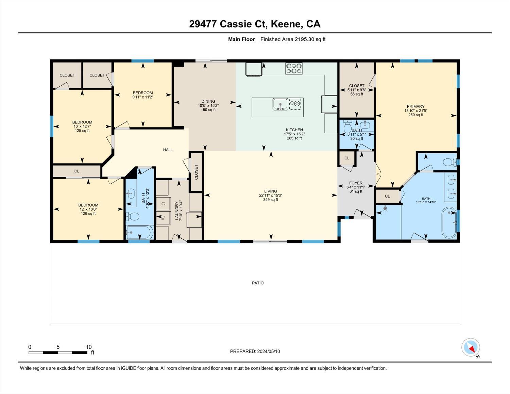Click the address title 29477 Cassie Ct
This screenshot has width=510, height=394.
(x=255, y=24)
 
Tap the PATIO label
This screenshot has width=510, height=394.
(x=258, y=283)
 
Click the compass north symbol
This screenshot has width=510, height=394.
(x=471, y=347)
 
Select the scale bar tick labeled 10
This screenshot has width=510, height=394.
(x=88, y=347)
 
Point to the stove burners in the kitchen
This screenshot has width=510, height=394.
(x=294, y=68)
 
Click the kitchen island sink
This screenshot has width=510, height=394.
(x=280, y=104)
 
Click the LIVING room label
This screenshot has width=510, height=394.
(x=271, y=191)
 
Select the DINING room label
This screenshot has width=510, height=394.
(x=208, y=101)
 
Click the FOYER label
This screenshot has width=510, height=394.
(x=356, y=183)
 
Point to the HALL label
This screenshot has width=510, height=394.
(x=168, y=150)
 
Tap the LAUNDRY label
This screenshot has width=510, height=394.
(x=176, y=211)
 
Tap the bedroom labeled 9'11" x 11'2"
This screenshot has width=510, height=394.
(x=142, y=95)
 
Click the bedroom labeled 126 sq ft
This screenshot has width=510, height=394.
(x=88, y=209)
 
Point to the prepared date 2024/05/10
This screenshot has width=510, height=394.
(x=255, y=352)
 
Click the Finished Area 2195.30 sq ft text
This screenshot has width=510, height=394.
(x=293, y=39)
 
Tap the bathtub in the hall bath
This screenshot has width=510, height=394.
(x=140, y=233)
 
